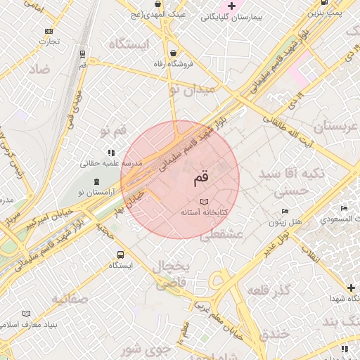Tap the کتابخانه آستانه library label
[x=203, y=212]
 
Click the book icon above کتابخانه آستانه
[x=204, y=202]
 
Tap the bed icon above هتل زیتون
[x=285, y=212]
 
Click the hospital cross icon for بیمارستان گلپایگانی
[x=231, y=6]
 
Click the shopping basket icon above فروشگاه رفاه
[x=174, y=53]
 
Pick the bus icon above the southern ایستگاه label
[x=120, y=255]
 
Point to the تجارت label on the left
[x=49, y=41]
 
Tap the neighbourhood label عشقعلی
[x=221, y=234]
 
